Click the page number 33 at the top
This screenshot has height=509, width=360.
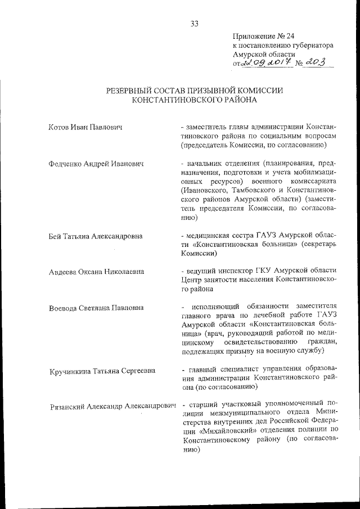click(x=195, y=23)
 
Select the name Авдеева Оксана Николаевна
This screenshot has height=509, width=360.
click(x=96, y=272)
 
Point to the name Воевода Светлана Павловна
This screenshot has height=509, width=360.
click(x=96, y=308)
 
